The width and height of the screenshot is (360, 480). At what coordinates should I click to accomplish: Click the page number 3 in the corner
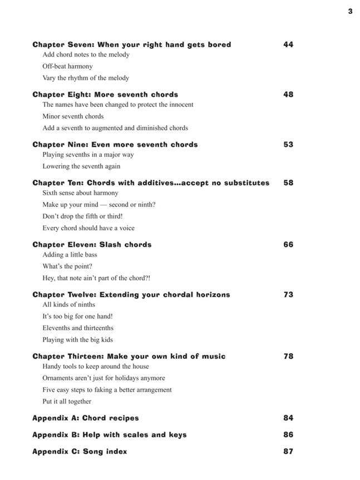tap(350, 11)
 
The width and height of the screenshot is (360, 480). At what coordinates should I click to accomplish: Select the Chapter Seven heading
tap(131, 44)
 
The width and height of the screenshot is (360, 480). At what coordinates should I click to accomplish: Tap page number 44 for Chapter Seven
tap(288, 44)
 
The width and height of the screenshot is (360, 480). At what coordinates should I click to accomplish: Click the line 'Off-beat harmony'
tap(67, 66)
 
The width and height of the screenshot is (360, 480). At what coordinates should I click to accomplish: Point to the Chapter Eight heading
tap(105, 95)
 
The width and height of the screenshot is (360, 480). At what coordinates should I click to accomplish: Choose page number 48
tap(288, 95)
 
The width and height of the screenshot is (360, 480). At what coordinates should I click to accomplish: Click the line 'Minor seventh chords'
tap(73, 116)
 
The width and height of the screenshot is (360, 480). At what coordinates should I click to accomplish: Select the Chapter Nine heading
tap(115, 145)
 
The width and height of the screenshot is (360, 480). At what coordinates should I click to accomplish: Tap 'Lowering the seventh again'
tap(81, 166)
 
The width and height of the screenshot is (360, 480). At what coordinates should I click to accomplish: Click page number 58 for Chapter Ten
tap(288, 182)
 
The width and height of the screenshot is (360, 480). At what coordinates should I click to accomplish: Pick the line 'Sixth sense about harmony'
tap(80, 193)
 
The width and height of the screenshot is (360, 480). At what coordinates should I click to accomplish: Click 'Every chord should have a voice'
tap(88, 228)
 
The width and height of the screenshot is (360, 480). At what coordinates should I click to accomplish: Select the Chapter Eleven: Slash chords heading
tap(92, 245)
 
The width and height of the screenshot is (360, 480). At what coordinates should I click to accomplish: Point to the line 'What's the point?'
tap(67, 266)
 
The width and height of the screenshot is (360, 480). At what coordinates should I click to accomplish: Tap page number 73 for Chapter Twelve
tap(288, 295)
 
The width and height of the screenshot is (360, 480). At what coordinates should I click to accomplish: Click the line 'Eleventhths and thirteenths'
tap(78, 328)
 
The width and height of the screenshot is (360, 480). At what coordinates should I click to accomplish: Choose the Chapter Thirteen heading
tap(129, 357)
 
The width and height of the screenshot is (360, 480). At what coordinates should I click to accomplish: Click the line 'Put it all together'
tap(67, 402)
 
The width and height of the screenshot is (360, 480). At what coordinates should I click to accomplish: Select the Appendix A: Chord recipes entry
tap(85, 418)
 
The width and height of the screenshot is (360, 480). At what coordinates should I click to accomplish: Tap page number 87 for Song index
tap(288, 452)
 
